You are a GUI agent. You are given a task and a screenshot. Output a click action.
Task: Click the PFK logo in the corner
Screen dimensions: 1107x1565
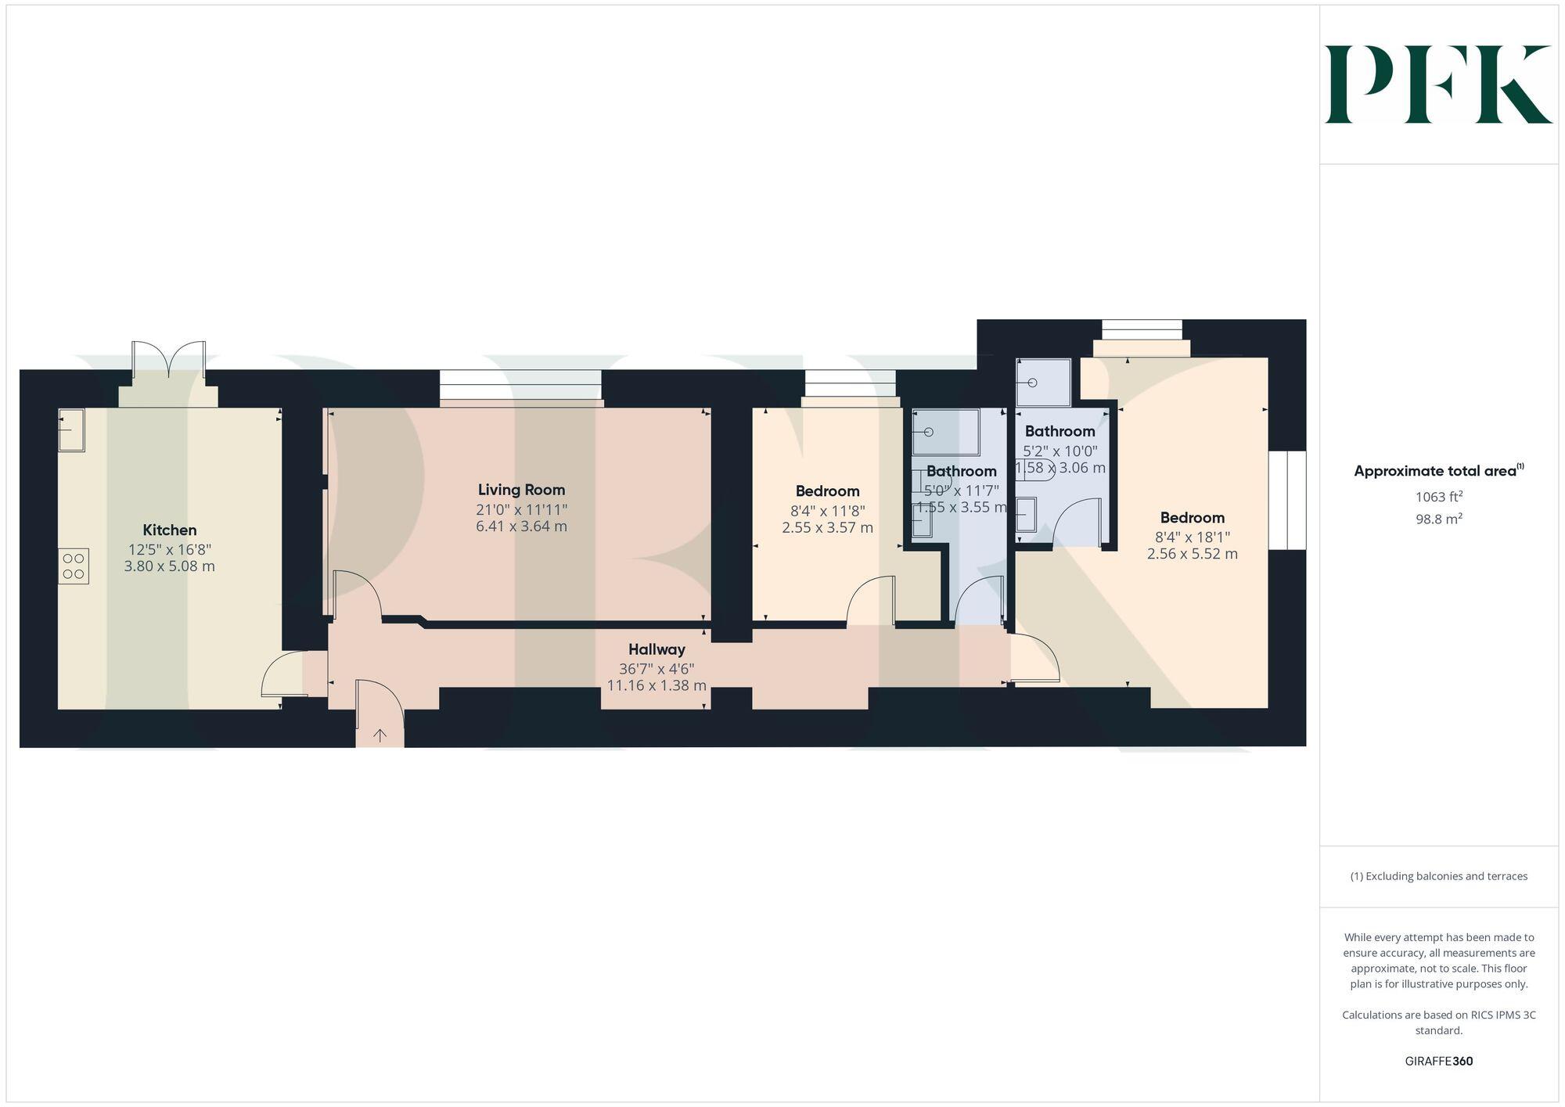(1437, 84)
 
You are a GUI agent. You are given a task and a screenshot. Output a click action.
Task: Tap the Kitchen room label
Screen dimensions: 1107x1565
(170, 530)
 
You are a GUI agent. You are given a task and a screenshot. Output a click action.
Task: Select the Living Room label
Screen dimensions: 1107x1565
(521, 490)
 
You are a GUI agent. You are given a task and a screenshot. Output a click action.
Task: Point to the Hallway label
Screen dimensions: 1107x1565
(657, 649)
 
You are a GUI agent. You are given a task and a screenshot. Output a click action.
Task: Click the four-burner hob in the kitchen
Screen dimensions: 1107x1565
(74, 566)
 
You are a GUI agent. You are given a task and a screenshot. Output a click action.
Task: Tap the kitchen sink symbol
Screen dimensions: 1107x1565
(71, 430)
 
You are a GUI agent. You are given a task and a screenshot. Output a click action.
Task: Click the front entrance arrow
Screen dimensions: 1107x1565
(380, 735)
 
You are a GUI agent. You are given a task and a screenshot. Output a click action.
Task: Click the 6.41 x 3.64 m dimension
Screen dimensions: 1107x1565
(521, 527)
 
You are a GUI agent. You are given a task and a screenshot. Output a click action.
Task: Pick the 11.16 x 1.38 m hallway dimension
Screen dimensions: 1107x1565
(657, 686)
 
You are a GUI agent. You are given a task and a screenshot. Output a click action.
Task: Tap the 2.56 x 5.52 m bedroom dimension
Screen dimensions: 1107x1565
(1192, 554)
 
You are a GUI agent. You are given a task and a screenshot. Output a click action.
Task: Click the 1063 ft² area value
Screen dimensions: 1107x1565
(1438, 497)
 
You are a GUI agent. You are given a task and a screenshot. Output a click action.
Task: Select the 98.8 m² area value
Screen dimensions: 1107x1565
(1438, 519)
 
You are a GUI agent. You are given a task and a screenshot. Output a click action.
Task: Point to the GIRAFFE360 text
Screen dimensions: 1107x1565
(1438, 1062)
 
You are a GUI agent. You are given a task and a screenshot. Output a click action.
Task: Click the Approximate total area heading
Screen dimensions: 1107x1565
(1438, 471)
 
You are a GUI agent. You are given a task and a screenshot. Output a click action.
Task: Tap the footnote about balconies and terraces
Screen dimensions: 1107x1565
(1438, 876)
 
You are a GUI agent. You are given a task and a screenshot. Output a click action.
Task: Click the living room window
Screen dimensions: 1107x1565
(521, 387)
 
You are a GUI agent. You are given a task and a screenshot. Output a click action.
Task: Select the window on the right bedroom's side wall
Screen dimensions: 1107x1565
(1287, 500)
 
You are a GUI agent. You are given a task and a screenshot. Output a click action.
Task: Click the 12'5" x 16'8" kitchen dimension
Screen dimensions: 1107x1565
(170, 549)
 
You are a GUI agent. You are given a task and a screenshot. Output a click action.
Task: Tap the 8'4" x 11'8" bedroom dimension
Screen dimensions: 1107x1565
(827, 510)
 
